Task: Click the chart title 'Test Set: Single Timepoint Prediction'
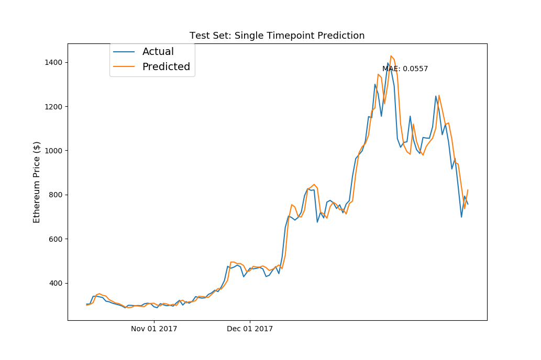point(277,36)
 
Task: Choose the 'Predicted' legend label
point(166,67)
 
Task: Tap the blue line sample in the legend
point(124,52)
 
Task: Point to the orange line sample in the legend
point(124,67)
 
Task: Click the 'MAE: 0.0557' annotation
point(405,69)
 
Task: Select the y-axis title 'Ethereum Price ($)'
point(37,182)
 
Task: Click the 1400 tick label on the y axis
point(53,62)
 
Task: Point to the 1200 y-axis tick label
point(53,107)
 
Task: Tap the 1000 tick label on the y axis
point(53,151)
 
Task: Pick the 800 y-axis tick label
point(56,195)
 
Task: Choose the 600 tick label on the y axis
point(56,239)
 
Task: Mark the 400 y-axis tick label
point(56,283)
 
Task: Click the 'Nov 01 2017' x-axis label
point(154,329)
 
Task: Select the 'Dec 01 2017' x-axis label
point(250,329)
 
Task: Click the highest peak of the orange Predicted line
point(391,56)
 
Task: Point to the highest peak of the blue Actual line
point(388,63)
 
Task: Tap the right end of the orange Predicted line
point(468,190)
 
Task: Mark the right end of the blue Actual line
point(468,204)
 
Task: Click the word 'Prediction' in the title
point(341,36)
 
